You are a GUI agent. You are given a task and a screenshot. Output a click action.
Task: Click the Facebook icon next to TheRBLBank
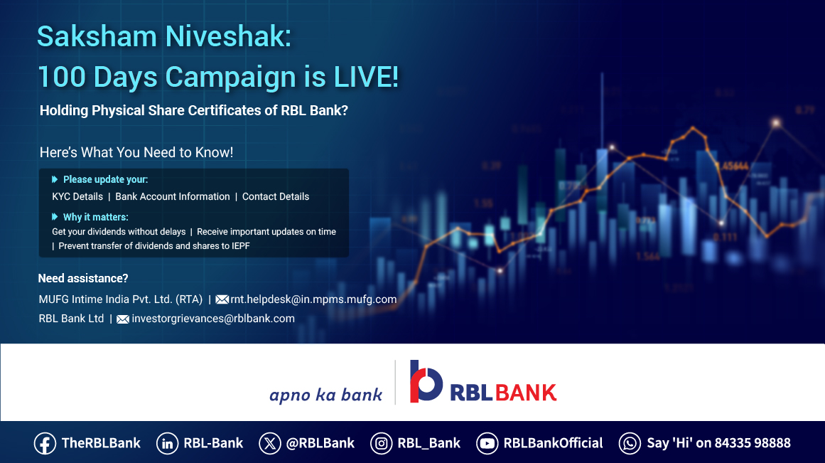tap(45, 444)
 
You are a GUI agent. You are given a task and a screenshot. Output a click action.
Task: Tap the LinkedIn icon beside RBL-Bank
tap(167, 444)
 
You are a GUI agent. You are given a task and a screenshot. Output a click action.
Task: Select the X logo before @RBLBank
tap(270, 444)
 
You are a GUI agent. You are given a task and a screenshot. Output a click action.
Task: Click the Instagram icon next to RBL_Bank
tap(382, 444)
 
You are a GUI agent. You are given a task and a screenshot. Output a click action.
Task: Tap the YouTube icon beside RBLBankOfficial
tap(487, 444)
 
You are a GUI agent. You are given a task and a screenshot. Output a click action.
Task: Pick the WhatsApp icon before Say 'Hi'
tap(630, 444)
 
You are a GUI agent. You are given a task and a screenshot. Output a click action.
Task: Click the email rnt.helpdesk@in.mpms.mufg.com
tap(313, 299)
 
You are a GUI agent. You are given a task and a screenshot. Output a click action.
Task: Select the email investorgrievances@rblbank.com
tap(213, 319)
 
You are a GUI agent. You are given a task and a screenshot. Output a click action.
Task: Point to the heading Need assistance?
tap(83, 278)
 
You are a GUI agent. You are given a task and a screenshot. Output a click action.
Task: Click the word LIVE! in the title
tap(366, 78)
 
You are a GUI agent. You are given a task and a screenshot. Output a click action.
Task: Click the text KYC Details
tap(77, 196)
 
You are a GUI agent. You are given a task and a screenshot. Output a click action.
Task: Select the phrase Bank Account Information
tap(173, 196)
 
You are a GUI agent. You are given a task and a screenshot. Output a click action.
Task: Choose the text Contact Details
tap(276, 196)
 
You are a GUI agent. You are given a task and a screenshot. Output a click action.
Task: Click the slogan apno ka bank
tap(325, 395)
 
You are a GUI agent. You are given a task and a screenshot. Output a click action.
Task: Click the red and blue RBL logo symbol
tap(426, 381)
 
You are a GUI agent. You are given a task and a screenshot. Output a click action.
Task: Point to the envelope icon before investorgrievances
tap(123, 319)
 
